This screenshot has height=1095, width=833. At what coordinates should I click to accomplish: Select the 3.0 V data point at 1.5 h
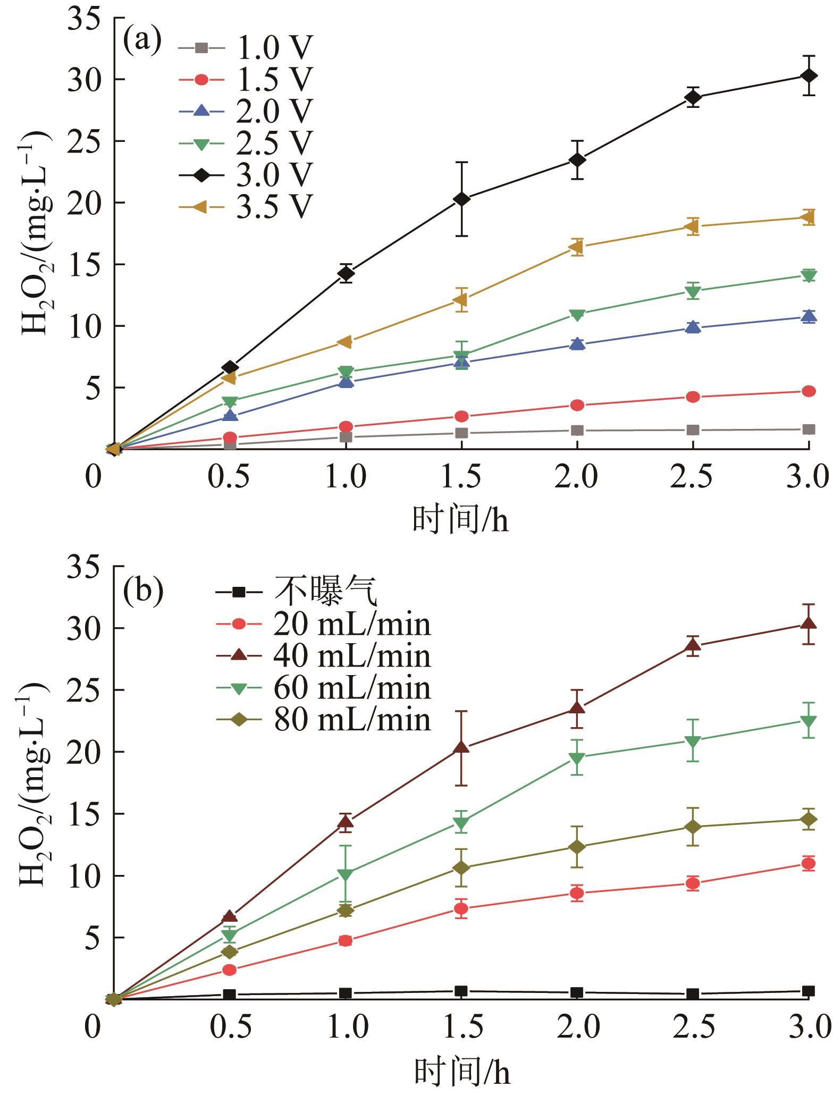coord(461,199)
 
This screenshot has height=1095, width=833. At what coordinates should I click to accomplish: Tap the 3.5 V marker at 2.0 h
coord(577,247)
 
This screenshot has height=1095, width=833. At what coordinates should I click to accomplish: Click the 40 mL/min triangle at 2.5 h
coord(693,645)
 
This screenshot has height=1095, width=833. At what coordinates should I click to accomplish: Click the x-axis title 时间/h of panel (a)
coord(460,520)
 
